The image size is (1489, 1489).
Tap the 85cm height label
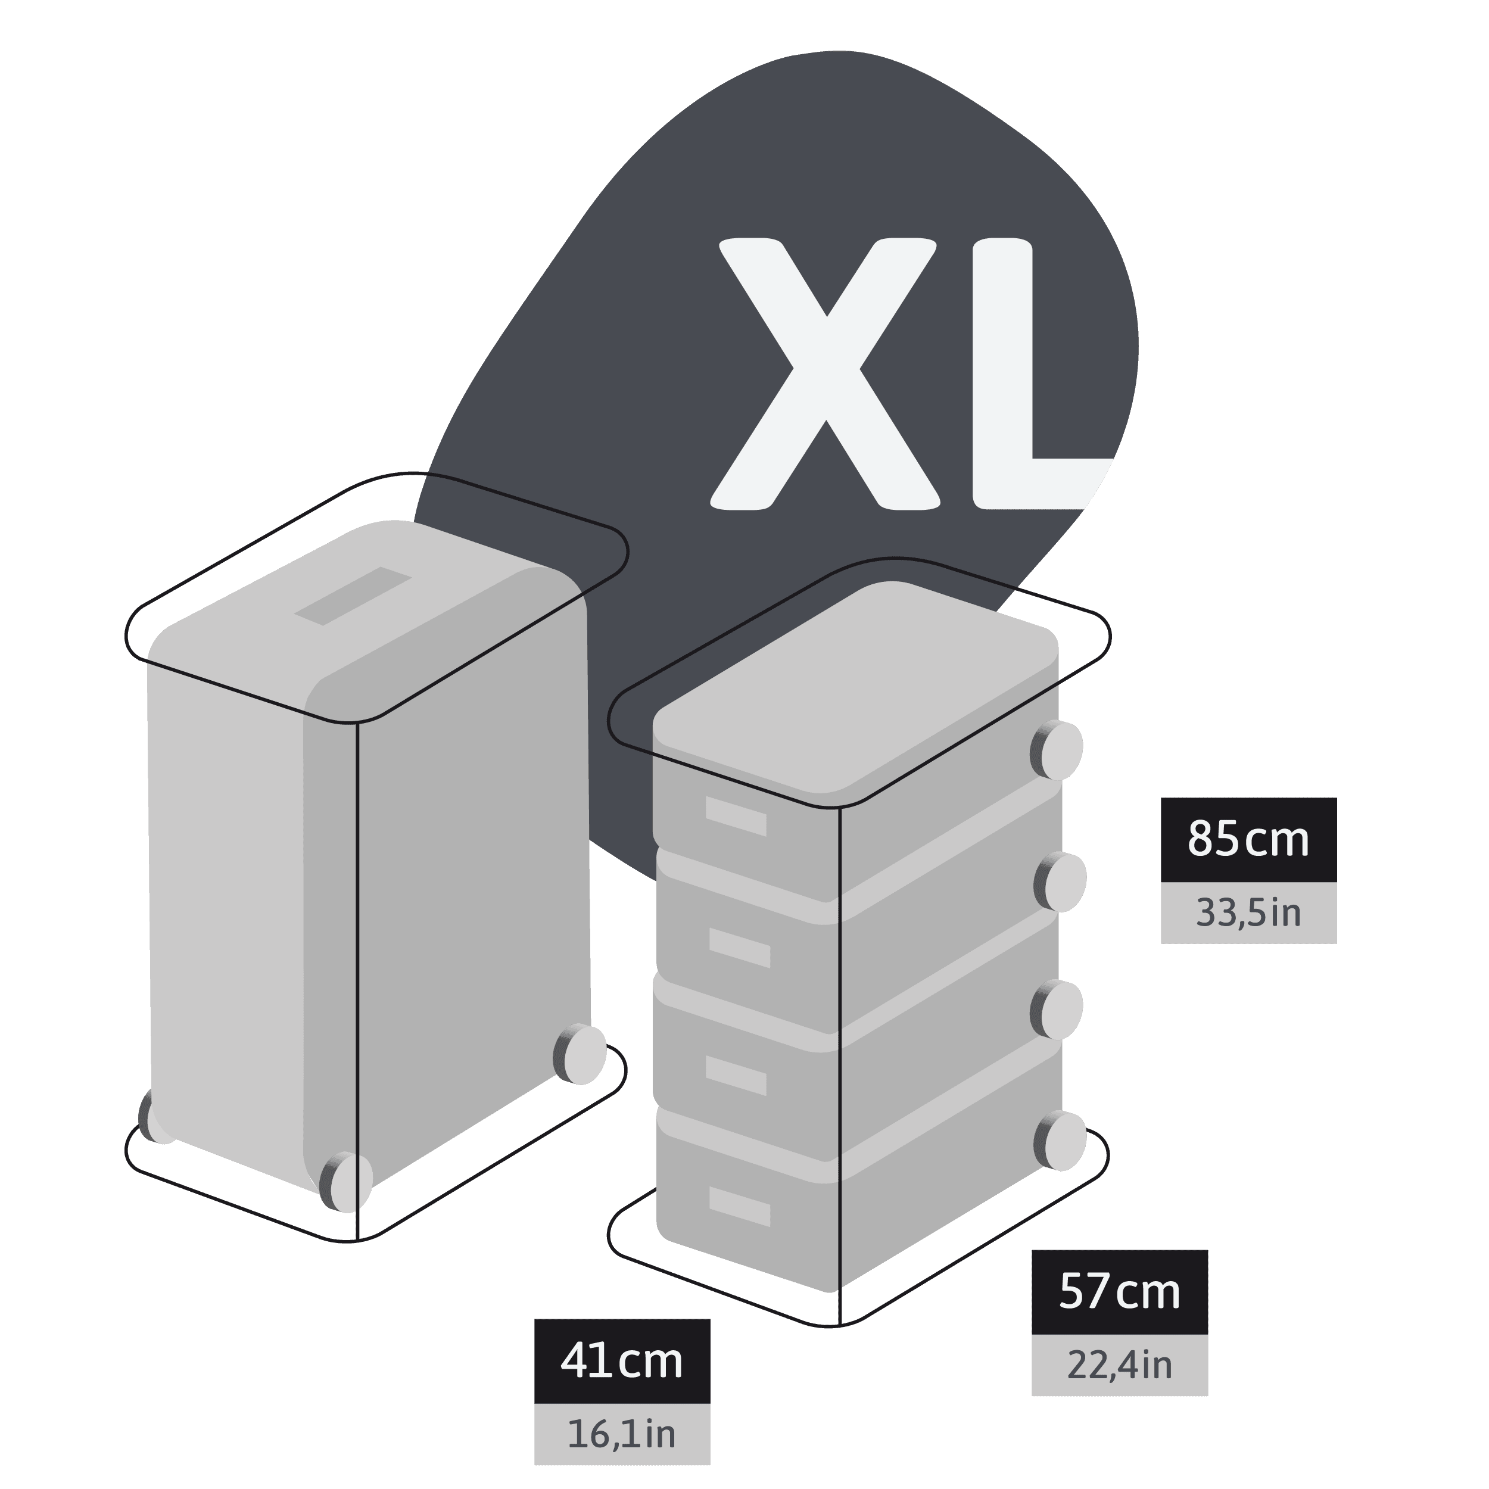(1248, 839)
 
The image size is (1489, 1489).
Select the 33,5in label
(1248, 913)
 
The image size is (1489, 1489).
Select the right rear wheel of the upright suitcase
(580, 1054)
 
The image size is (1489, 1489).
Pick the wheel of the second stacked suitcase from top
(1061, 883)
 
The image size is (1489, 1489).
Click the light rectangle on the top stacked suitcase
(736, 815)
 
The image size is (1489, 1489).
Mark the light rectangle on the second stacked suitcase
(740, 947)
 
